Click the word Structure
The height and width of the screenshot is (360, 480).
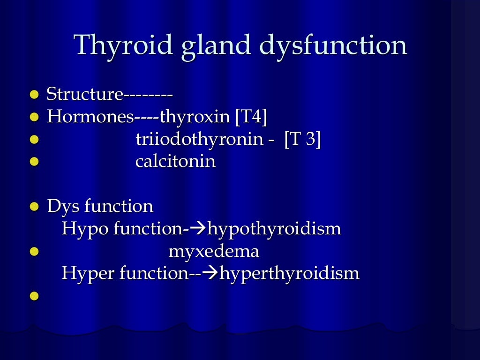pos(84,94)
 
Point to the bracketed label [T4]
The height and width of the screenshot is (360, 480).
pos(251,117)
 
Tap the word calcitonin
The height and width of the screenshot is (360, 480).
pos(175,162)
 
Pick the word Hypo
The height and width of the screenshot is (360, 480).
pos(78,229)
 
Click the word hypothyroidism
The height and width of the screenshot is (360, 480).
pos(274,229)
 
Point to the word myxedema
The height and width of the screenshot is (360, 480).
pos(214,251)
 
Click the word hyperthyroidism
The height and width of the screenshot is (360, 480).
pos(289,273)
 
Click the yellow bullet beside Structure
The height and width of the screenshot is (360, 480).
pos(34,95)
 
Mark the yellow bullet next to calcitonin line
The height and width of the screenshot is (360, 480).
pos(34,162)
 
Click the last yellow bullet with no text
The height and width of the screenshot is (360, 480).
pos(34,296)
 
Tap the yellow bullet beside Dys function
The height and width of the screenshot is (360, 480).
pos(34,207)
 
